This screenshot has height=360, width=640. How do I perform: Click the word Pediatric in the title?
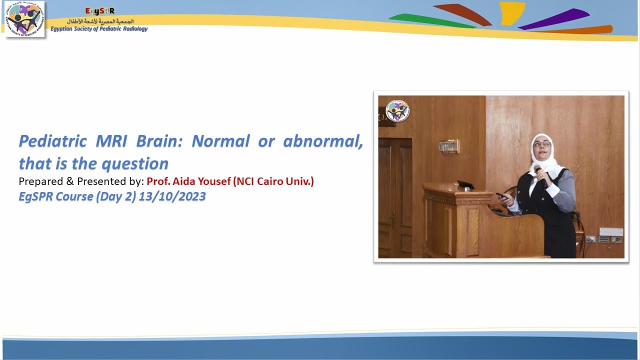52,141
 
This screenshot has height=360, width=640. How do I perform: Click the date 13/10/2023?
172,196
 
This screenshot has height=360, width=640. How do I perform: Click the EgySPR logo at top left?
24,19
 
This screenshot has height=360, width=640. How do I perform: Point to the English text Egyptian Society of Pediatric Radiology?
99,29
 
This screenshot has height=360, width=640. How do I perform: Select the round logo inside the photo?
397,111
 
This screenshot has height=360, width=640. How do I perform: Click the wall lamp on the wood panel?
448,146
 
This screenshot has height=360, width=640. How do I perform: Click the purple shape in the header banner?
555,18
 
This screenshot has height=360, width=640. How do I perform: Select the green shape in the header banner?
430,20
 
